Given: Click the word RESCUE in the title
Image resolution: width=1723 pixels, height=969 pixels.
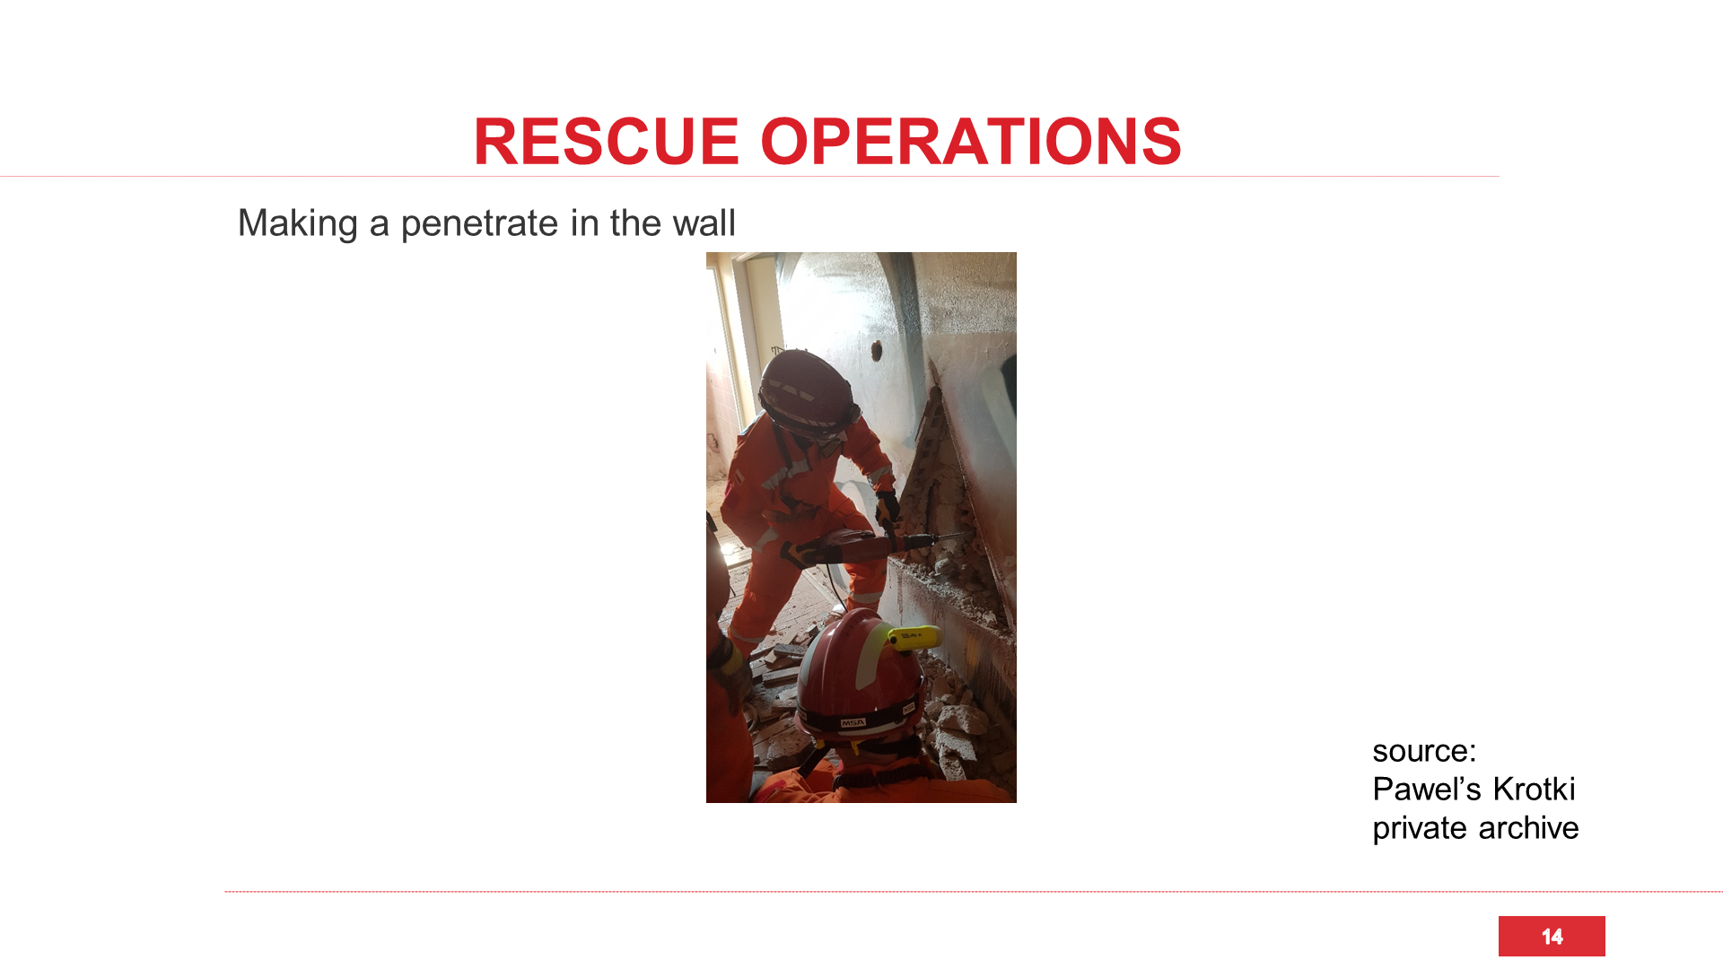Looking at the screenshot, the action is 606,142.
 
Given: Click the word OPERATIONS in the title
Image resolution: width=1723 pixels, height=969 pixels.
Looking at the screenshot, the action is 971,142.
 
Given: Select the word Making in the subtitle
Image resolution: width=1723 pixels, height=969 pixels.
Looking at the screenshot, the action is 297,223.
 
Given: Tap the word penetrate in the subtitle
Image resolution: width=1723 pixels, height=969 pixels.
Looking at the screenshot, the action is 480,223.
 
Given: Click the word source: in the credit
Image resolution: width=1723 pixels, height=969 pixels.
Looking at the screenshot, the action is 1424,751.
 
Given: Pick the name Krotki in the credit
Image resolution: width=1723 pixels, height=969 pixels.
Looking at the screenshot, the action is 1534,790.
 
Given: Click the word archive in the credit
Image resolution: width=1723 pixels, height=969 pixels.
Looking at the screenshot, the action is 1528,828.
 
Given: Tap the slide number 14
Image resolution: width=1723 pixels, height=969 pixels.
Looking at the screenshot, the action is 1552,937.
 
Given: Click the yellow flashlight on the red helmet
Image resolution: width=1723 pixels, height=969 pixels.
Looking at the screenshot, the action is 914,637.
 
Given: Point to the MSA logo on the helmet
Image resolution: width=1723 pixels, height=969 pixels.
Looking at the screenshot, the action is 853,722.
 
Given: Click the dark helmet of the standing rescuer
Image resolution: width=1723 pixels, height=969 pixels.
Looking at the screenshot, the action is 809,394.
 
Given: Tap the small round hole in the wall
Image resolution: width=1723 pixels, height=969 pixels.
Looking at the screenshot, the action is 877,350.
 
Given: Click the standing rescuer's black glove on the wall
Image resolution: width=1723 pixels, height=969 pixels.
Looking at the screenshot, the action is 888,509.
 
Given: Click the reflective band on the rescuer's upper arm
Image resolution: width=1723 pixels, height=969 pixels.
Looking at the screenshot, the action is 781,476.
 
